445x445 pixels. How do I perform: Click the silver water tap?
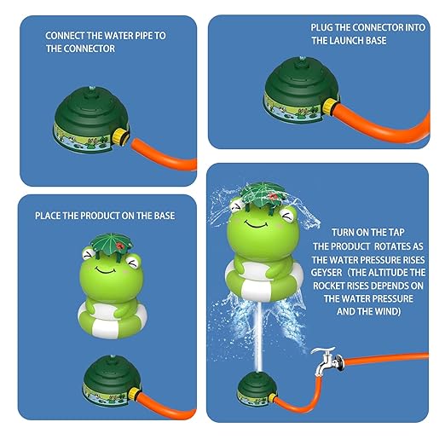327,361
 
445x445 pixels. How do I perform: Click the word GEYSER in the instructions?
327,273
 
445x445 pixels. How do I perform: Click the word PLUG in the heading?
321,27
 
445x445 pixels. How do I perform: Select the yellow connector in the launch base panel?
332,106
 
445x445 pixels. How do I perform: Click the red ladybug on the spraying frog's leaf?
274,195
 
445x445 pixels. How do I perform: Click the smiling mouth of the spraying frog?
256,224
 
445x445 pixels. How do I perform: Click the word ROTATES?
388,246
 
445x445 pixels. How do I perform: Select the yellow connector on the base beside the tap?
272,397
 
